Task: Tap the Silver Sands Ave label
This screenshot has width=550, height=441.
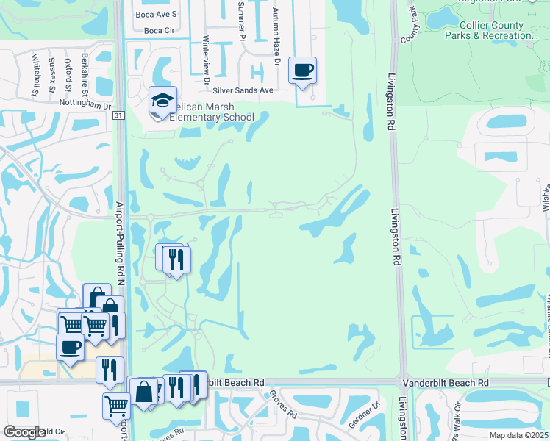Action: pyautogui.click(x=243, y=90)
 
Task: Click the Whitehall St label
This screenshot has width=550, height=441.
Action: pyautogui.click(x=34, y=75)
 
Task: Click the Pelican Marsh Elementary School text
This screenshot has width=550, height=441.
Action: pyautogui.click(x=211, y=112)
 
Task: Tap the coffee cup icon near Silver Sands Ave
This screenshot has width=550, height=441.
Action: pyautogui.click(x=303, y=71)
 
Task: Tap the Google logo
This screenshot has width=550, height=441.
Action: pyautogui.click(x=24, y=432)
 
